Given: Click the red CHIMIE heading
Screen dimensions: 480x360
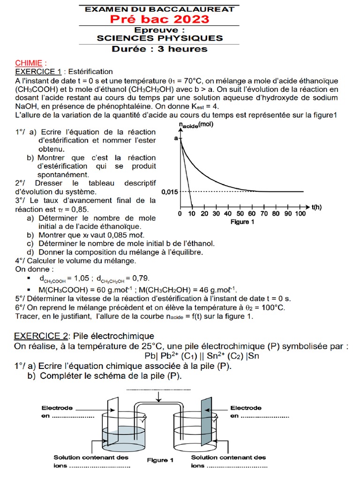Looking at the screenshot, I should (31, 63).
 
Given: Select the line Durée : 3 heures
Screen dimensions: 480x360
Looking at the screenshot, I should (159, 49).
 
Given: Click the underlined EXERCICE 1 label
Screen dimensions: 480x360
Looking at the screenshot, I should (38, 72).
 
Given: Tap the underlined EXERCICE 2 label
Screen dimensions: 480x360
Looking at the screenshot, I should (41, 336).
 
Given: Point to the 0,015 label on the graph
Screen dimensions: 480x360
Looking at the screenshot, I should (169, 192).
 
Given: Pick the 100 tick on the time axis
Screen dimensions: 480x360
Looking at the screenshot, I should (300, 214).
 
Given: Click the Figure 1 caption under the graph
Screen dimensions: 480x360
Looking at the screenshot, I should (242, 222).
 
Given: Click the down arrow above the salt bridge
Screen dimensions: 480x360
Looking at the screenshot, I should (160, 397).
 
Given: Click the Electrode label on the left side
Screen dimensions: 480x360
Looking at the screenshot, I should (57, 407).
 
